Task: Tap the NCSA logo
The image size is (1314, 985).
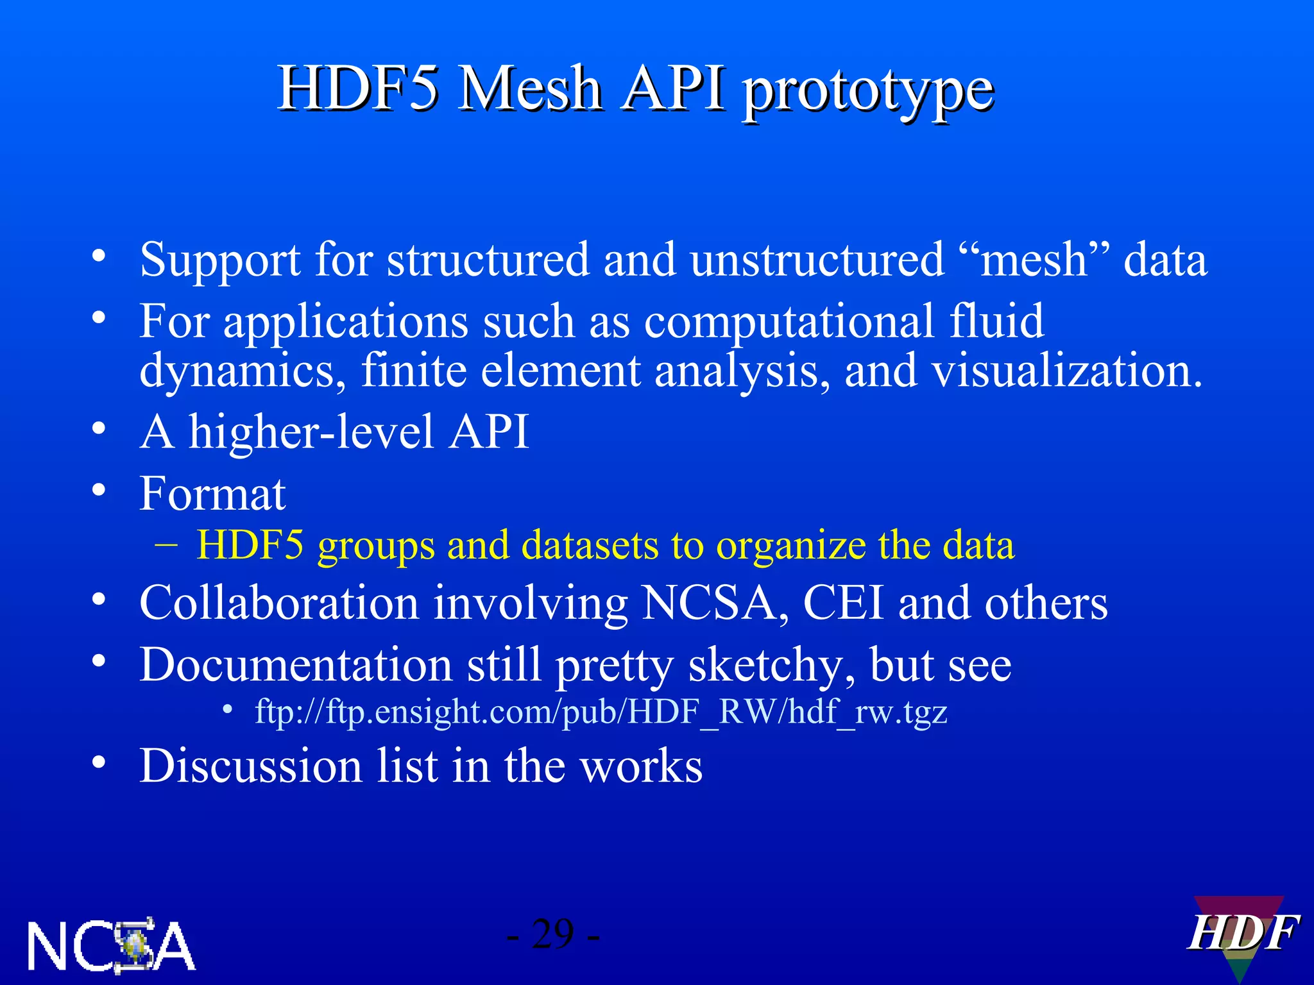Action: pyautogui.click(x=111, y=946)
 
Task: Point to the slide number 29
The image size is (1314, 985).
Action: pyautogui.click(x=552, y=934)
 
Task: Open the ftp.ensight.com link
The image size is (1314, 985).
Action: pyautogui.click(x=601, y=712)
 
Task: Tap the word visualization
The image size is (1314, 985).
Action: pyautogui.click(x=1066, y=371)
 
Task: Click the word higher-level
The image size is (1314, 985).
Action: pyautogui.click(x=311, y=432)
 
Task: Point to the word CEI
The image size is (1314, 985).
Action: pyautogui.click(x=843, y=603)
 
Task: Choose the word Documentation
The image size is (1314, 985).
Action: pyautogui.click(x=296, y=665)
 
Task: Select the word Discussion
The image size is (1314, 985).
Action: pyautogui.click(x=251, y=766)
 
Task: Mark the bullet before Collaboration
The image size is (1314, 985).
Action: pyautogui.click(x=98, y=600)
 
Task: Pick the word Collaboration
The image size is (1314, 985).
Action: pyautogui.click(x=279, y=603)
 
